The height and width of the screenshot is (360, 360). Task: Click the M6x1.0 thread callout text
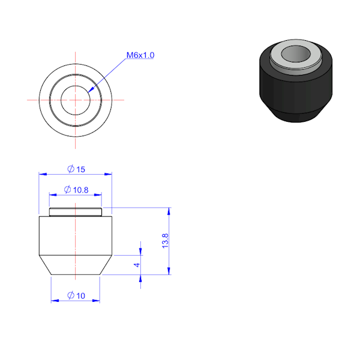tap(140, 55)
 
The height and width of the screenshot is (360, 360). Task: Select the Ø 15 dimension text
tap(76, 169)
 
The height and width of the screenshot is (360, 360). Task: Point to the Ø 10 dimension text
tap(76, 295)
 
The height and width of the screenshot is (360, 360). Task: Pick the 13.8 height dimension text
tap(165, 241)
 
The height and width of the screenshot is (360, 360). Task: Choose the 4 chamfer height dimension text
tap(137, 265)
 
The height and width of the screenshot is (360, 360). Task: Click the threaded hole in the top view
tap(76, 100)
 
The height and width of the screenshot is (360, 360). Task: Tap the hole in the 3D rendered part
tap(296, 54)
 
